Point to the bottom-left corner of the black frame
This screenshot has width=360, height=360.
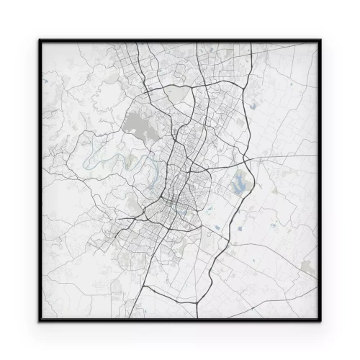(40, 321)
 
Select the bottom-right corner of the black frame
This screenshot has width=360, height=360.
(320, 321)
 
